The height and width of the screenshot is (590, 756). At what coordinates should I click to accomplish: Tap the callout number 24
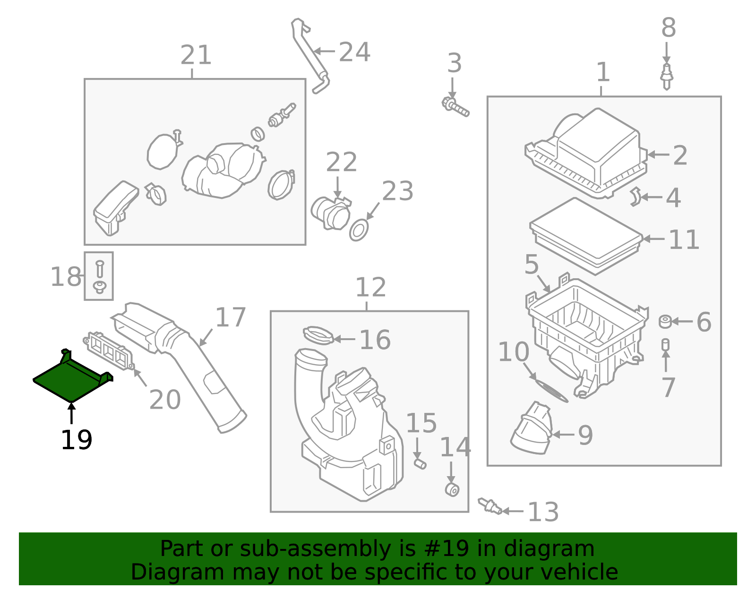tap(354, 51)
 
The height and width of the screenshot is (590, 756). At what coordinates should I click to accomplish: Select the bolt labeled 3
tap(455, 106)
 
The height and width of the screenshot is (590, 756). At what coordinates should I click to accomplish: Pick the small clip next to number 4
tap(636, 197)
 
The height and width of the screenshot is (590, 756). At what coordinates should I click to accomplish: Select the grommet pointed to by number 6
tap(665, 322)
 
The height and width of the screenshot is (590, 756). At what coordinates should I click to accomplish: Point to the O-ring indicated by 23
tap(359, 230)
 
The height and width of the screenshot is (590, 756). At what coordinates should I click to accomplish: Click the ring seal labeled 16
tap(318, 335)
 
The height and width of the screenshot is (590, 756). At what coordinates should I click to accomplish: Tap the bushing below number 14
tap(452, 489)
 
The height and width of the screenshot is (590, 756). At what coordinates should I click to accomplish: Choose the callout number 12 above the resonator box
tap(370, 287)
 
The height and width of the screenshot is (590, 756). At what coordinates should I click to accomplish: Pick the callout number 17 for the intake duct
tap(230, 317)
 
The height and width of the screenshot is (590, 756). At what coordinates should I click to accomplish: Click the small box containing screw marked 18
tap(99, 276)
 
